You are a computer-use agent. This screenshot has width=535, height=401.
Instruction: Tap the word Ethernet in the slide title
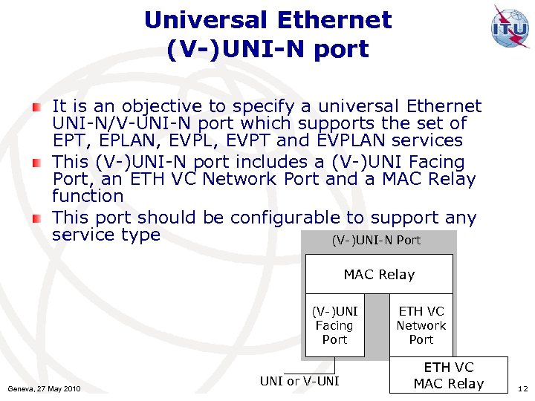click(x=341, y=20)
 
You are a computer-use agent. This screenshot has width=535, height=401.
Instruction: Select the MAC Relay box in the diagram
click(x=379, y=274)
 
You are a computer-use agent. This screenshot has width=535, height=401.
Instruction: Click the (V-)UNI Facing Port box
click(x=334, y=325)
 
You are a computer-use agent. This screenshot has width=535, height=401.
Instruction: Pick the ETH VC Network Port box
click(x=421, y=325)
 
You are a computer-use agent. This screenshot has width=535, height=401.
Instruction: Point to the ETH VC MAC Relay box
click(x=449, y=376)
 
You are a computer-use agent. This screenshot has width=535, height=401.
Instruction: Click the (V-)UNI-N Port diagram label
click(x=376, y=240)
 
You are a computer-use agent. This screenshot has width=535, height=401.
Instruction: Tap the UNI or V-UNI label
click(x=299, y=382)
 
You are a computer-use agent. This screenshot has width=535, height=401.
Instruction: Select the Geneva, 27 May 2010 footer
click(x=44, y=388)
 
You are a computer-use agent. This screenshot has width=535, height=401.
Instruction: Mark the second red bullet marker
click(x=36, y=163)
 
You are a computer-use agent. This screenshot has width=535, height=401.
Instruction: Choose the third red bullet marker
click(x=36, y=218)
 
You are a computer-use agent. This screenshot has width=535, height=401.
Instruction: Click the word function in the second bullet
click(x=88, y=196)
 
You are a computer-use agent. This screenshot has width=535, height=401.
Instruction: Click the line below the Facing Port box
click(x=334, y=365)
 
